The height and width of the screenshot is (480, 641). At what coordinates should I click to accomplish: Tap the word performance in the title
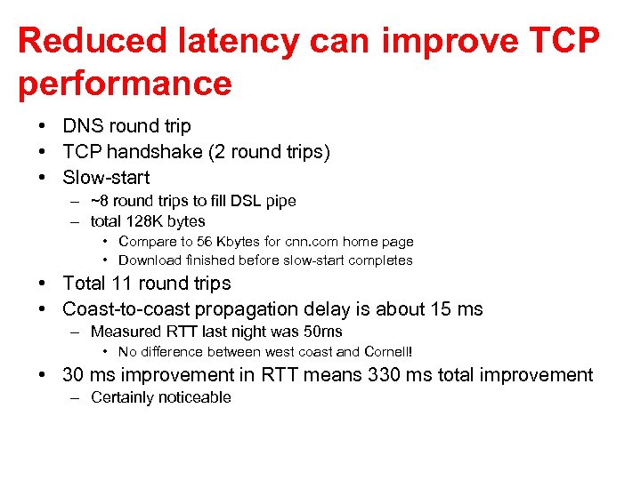125,84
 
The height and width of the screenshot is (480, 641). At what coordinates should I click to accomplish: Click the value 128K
145,221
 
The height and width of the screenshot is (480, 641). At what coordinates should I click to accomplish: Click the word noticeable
196,397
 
